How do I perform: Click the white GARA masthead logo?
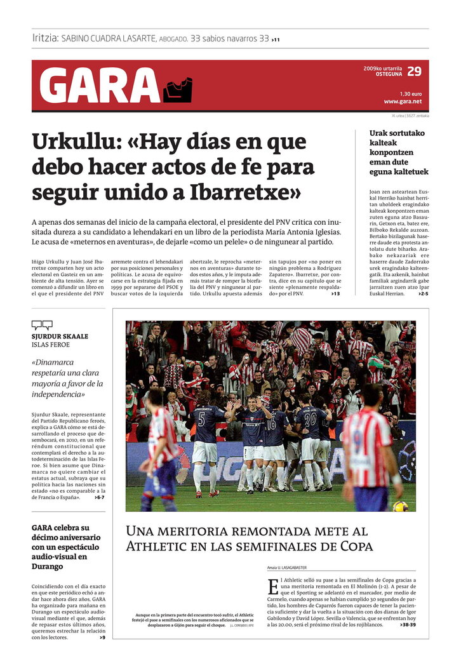tap(100, 85)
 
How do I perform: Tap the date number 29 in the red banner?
tap(414, 71)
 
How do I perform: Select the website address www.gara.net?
tap(403, 101)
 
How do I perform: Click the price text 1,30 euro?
tap(410, 93)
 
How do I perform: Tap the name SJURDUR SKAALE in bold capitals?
tap(60, 336)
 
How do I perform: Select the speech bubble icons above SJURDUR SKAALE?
tap(42, 325)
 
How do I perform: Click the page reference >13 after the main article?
tap(335, 293)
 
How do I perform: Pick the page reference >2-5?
tap(423, 293)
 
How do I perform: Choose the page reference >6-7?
tap(100, 497)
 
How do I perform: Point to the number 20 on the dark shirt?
tap(309, 418)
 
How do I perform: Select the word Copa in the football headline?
tap(354, 546)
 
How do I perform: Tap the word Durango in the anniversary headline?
tap(48, 566)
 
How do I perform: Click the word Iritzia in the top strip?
tap(45, 38)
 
